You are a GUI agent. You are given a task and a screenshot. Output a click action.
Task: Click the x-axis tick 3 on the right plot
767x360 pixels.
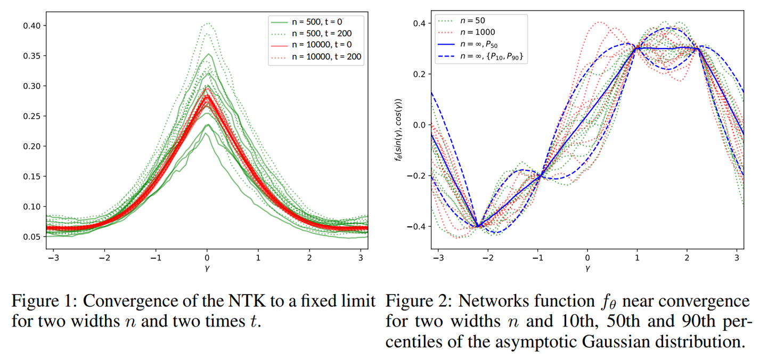[737, 257]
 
